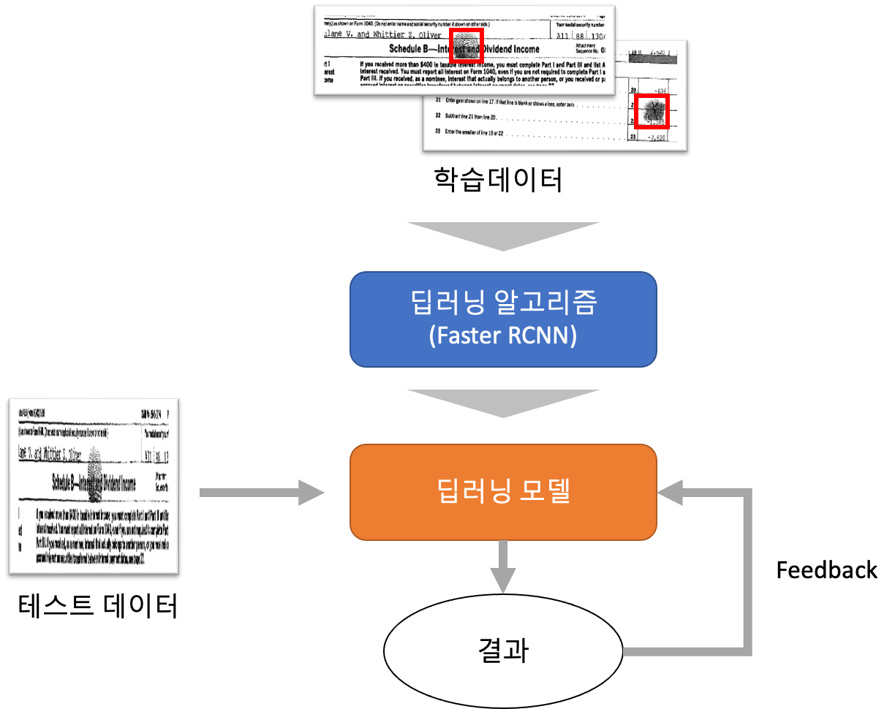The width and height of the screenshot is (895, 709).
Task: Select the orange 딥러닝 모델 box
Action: coord(503,492)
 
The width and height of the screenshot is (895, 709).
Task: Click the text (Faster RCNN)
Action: coord(503,335)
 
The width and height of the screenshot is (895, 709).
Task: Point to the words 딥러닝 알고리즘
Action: coord(503,302)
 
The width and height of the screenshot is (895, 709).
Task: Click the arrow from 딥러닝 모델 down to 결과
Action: coord(503,566)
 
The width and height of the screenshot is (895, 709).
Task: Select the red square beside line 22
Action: coord(651,112)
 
